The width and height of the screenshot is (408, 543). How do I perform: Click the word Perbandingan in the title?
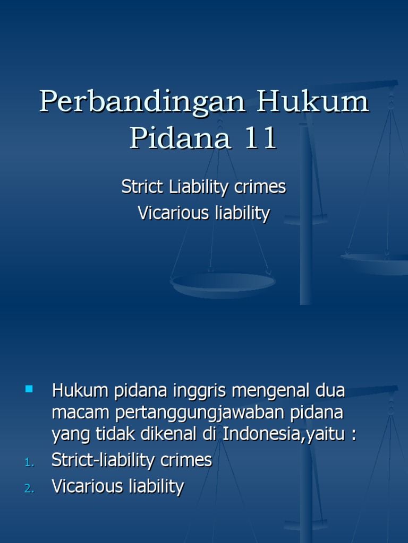(x=142, y=102)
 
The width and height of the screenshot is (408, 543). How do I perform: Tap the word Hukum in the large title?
(x=313, y=102)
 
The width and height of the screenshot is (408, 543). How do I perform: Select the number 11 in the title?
(x=260, y=138)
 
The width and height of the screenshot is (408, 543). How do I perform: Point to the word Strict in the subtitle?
(x=143, y=187)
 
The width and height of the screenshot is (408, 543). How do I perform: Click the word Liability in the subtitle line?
(x=198, y=187)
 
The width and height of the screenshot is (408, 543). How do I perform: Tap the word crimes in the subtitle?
(x=260, y=187)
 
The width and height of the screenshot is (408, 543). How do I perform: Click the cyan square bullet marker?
(x=29, y=390)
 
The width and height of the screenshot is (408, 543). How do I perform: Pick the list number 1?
(x=29, y=463)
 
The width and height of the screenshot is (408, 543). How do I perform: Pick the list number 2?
(x=29, y=489)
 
